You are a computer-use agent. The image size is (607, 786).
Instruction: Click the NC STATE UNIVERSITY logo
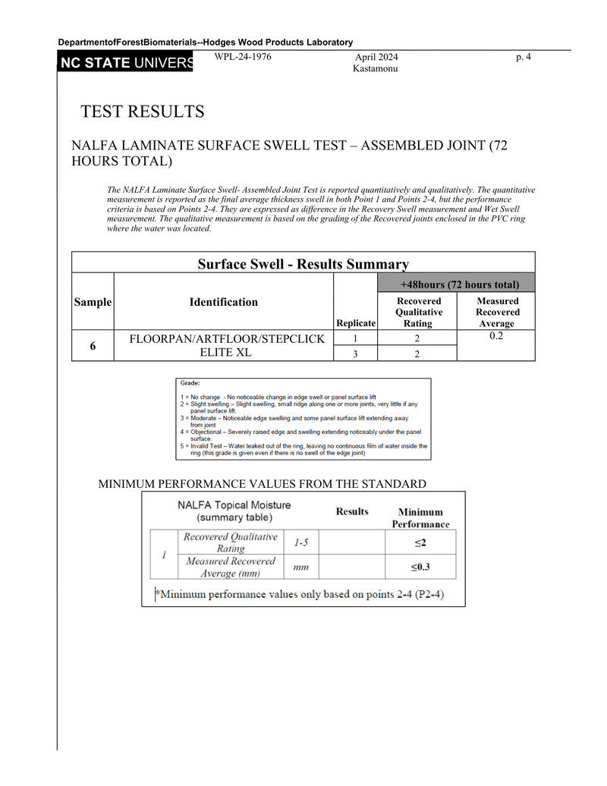[x=126, y=63]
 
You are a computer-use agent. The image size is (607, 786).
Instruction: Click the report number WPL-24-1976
[x=243, y=57]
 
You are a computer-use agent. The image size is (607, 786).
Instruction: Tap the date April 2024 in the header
[x=376, y=57]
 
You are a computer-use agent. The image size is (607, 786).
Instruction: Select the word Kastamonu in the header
[x=376, y=69]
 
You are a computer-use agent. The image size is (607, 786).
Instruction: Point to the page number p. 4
[x=523, y=57]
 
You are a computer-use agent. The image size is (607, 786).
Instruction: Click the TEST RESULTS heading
[x=143, y=112]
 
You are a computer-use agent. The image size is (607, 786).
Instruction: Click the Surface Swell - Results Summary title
[x=303, y=264]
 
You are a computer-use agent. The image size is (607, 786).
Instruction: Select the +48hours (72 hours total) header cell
[x=459, y=285]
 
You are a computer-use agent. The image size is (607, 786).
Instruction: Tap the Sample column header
[x=93, y=302]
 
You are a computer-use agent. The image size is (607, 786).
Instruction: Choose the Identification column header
[x=223, y=302]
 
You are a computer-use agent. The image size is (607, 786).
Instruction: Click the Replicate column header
[x=356, y=323]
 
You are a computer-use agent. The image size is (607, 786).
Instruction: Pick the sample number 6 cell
[x=93, y=346]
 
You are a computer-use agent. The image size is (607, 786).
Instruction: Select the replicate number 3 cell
[x=355, y=354]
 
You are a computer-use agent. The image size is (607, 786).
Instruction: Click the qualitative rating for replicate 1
[x=418, y=338]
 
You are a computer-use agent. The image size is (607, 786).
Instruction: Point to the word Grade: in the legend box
[x=190, y=384]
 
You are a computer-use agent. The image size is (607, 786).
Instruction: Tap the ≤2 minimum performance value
[x=420, y=542]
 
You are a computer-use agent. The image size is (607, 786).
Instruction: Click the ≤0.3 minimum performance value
[x=420, y=567]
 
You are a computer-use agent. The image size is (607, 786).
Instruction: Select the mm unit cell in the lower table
[x=301, y=567]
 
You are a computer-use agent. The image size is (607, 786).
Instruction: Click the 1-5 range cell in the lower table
[x=301, y=542]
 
